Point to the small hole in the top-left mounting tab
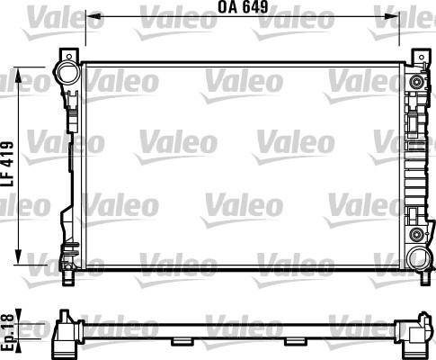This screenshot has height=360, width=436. pyautogui.click(x=66, y=54)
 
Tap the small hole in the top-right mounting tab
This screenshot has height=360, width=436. pyautogui.click(x=417, y=56)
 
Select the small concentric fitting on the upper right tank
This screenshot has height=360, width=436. pyautogui.click(x=416, y=84)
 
